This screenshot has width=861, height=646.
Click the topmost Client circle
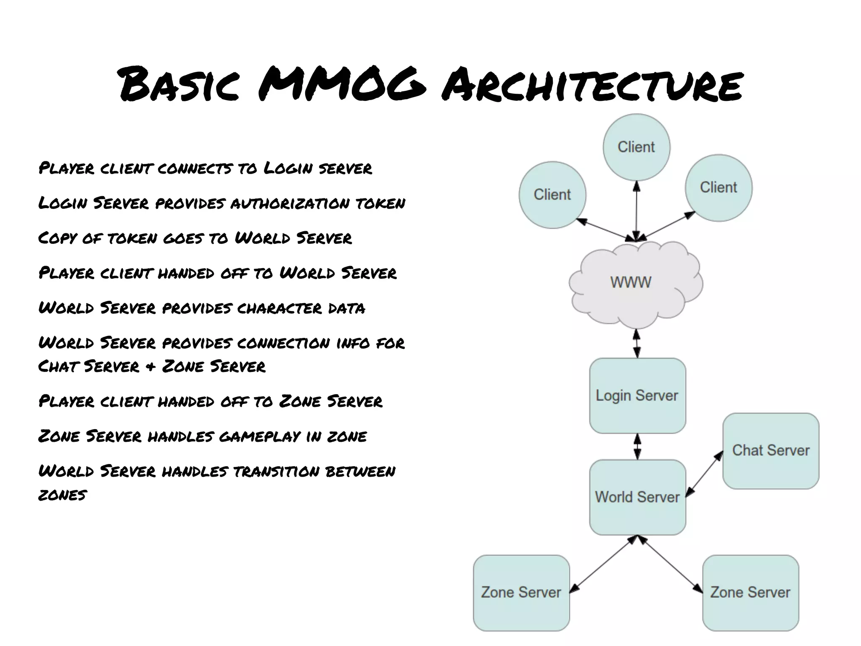[x=636, y=147]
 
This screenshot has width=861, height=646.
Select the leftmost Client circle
[x=552, y=195]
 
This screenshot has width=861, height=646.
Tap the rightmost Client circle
[x=718, y=187]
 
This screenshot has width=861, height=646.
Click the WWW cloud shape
[x=635, y=284]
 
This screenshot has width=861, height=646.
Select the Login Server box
[x=637, y=396]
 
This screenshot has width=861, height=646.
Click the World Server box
[x=637, y=497]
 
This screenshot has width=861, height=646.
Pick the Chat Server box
[x=771, y=451]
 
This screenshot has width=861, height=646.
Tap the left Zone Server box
[x=521, y=593]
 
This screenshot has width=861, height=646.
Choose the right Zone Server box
[x=750, y=593]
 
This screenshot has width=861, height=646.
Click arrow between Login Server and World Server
[x=637, y=446]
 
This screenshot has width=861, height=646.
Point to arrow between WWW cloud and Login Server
[x=637, y=343]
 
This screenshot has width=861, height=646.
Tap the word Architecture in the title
[x=592, y=86]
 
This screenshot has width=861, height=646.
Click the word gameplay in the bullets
[x=259, y=437]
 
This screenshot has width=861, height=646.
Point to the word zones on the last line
[x=63, y=495]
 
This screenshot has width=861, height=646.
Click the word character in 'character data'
[x=279, y=308]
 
